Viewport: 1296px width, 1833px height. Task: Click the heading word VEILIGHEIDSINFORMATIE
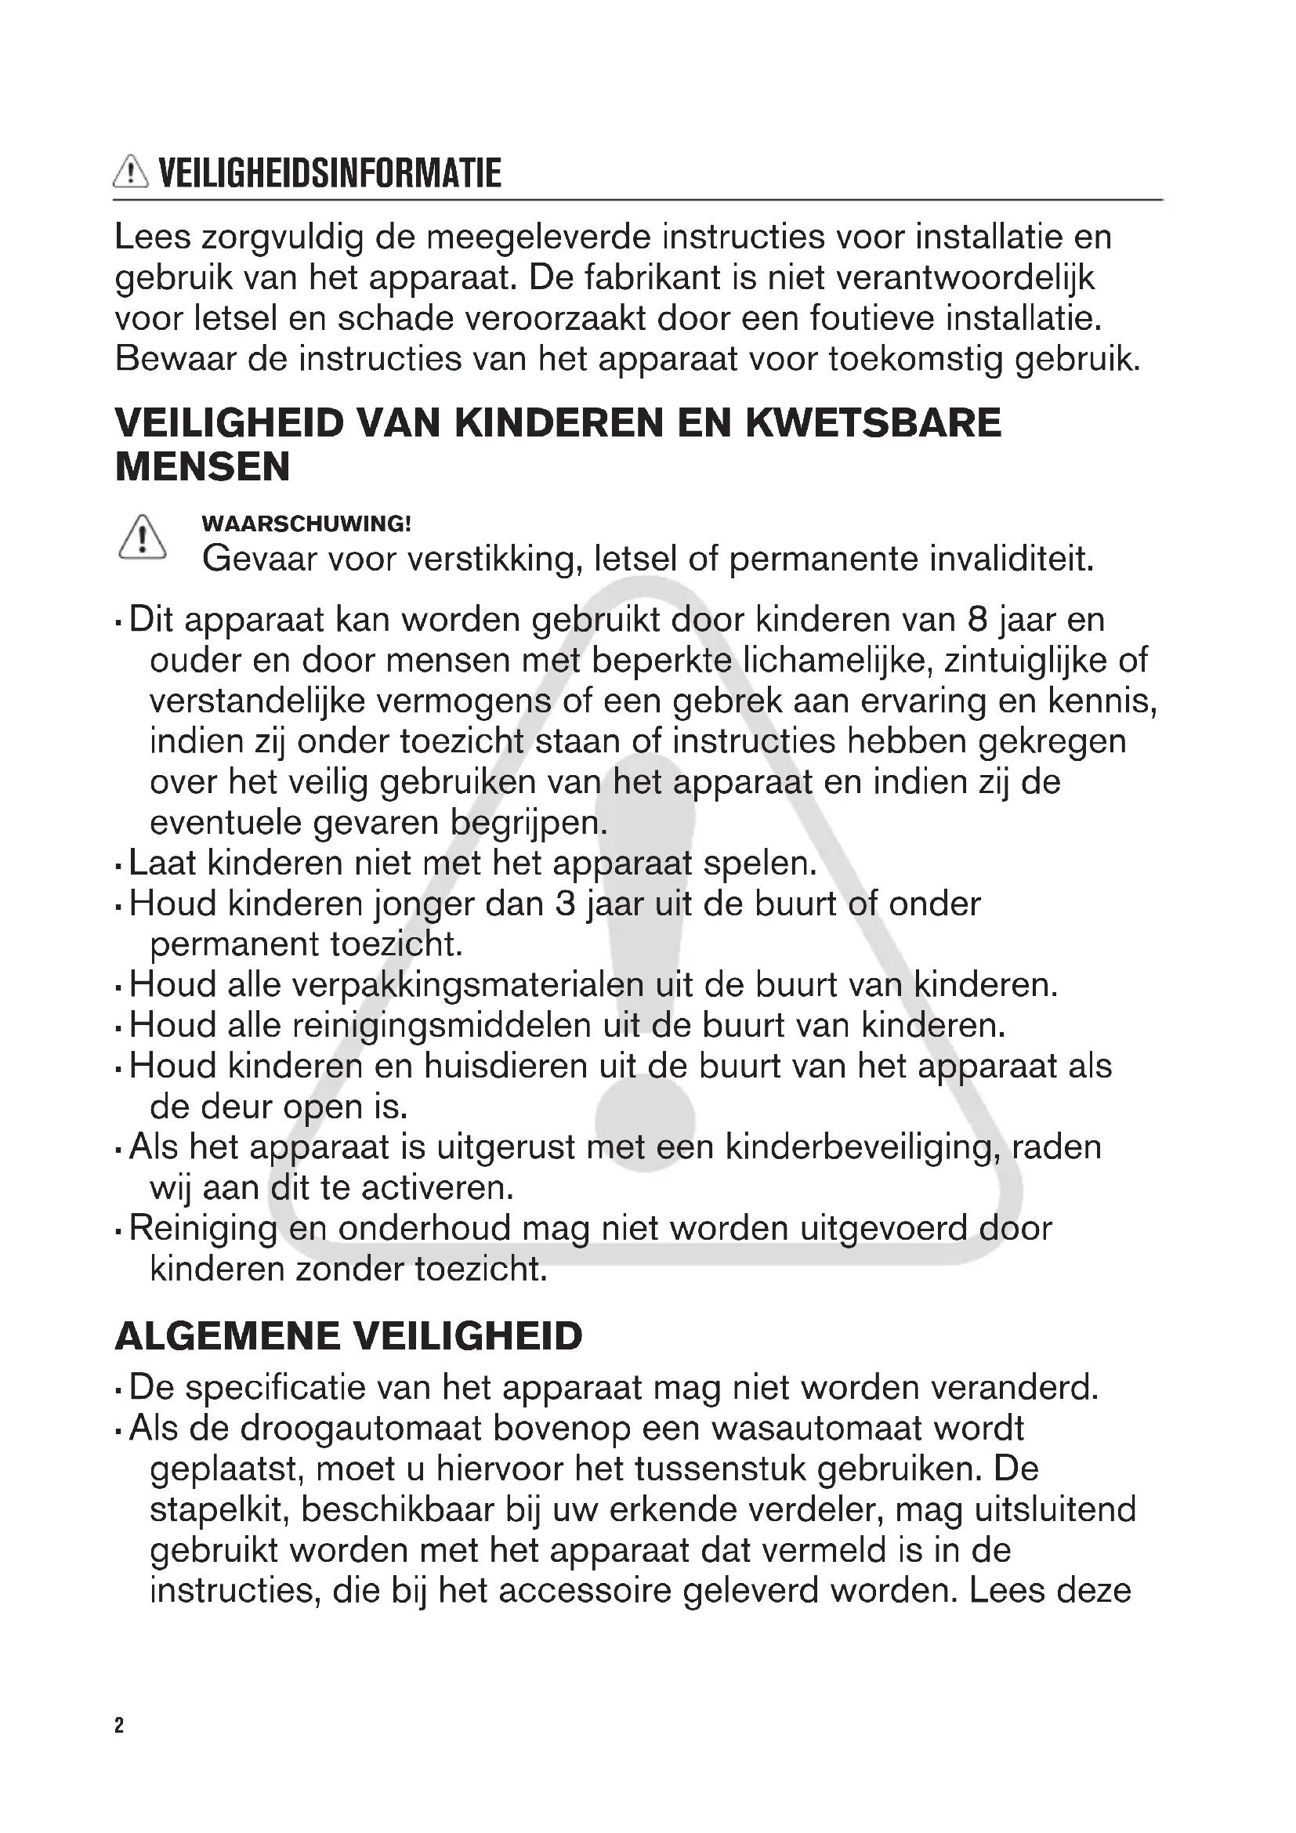pos(331,173)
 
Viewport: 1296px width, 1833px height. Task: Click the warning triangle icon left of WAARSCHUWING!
pos(142,538)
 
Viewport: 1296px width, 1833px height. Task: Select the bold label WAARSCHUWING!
pos(306,523)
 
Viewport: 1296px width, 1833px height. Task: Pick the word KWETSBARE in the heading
pos(874,422)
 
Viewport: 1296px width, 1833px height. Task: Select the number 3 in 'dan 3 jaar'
pos(565,904)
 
